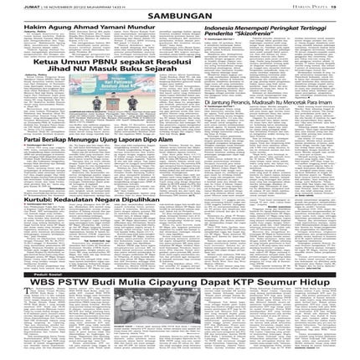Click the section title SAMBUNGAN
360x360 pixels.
180,16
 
